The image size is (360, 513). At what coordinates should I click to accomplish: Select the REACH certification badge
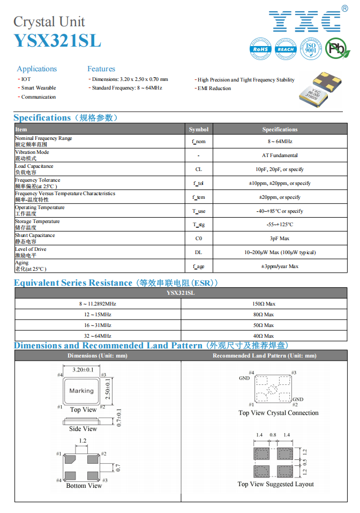[286, 49]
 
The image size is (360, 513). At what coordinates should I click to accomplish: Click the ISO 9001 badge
[311, 49]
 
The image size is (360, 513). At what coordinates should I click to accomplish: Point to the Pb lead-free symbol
[337, 49]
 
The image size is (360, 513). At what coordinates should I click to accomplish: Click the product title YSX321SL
[57, 41]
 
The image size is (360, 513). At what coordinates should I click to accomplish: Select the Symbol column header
[199, 129]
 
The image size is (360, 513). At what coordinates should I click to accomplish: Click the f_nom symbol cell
[199, 142]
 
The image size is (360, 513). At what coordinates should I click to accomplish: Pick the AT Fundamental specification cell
[280, 155]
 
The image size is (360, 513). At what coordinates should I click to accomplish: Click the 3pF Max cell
[280, 239]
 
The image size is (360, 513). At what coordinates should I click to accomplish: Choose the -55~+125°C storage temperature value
[280, 225]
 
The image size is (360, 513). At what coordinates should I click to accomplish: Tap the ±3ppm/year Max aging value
[280, 266]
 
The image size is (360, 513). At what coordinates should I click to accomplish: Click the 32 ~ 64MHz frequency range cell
[97, 336]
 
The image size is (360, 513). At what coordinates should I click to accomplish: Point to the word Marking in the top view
[81, 391]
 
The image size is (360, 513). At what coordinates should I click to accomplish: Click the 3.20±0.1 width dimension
[83, 370]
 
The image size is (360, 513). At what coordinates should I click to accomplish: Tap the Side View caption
[83, 429]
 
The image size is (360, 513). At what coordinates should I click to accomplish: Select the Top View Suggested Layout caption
[276, 484]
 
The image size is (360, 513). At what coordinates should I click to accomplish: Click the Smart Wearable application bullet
[39, 88]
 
